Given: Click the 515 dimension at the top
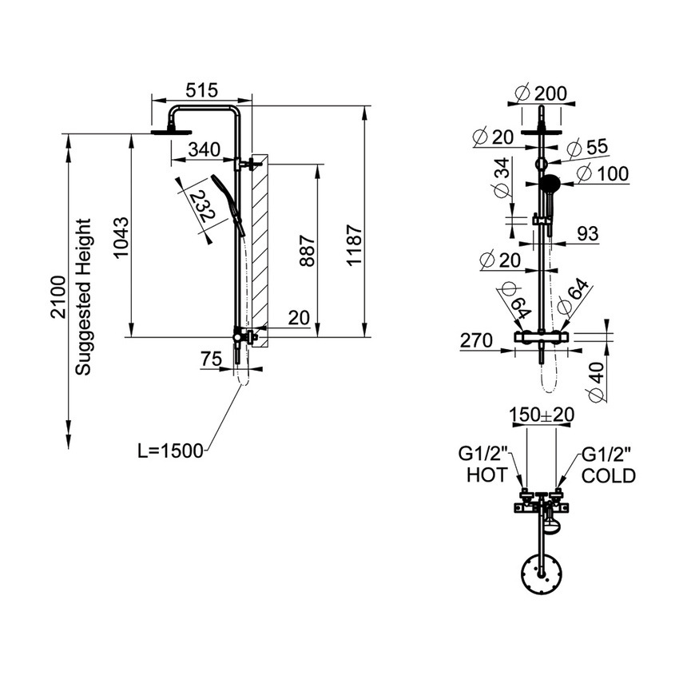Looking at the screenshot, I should coord(201,92).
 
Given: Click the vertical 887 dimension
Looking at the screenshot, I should coord(308,252).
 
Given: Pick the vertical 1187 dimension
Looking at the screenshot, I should coord(355,248).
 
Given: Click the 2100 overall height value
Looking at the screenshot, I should coord(58,297).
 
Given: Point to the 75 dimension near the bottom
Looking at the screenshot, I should coord(211,360).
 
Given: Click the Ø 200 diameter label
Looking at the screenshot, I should coord(542,93).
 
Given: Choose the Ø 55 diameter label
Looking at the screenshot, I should coord(588,147).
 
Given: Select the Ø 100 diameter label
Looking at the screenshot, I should coord(602,173).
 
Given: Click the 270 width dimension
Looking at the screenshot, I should coord(476,340).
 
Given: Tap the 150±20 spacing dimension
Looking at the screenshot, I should coord(542,415).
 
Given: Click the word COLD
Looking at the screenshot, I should coord(609,476).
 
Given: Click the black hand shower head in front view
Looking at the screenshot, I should coord(549,184).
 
